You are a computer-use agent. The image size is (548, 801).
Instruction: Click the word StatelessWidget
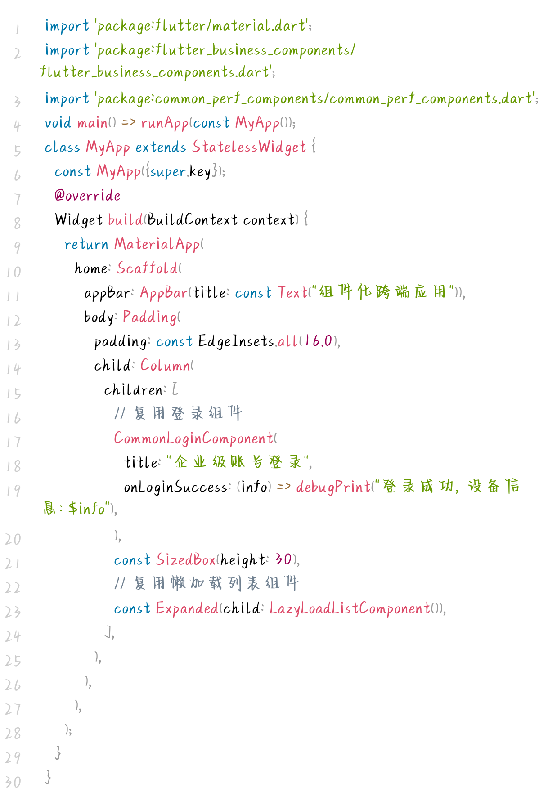pos(249,147)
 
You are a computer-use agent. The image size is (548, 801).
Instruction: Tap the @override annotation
pos(87,196)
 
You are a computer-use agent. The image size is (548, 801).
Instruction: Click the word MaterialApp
pos(157,244)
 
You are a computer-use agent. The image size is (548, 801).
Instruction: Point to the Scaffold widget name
pos(147,268)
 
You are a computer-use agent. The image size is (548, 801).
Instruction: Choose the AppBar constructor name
pos(164,293)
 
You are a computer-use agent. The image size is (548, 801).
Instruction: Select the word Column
pos(165,366)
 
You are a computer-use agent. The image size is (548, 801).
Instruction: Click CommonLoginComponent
pos(193,439)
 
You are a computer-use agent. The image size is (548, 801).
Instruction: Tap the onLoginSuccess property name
pos(175,487)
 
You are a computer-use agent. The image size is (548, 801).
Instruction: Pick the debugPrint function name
pos(333,487)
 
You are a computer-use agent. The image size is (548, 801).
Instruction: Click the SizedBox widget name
pos(186,560)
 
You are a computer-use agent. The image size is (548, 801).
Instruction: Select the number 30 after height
pos(283,560)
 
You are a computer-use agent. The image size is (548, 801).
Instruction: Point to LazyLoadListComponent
pos(350,609)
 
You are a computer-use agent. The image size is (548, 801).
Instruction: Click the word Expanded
pos(187,609)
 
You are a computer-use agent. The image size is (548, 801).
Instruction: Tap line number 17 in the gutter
pos(13,442)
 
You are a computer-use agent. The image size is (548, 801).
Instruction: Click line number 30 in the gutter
pos(13,782)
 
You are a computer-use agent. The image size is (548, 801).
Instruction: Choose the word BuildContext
pos(192,220)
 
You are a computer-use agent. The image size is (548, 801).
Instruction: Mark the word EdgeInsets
pos(236,341)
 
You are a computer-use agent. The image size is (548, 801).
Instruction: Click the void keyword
pos(58,123)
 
